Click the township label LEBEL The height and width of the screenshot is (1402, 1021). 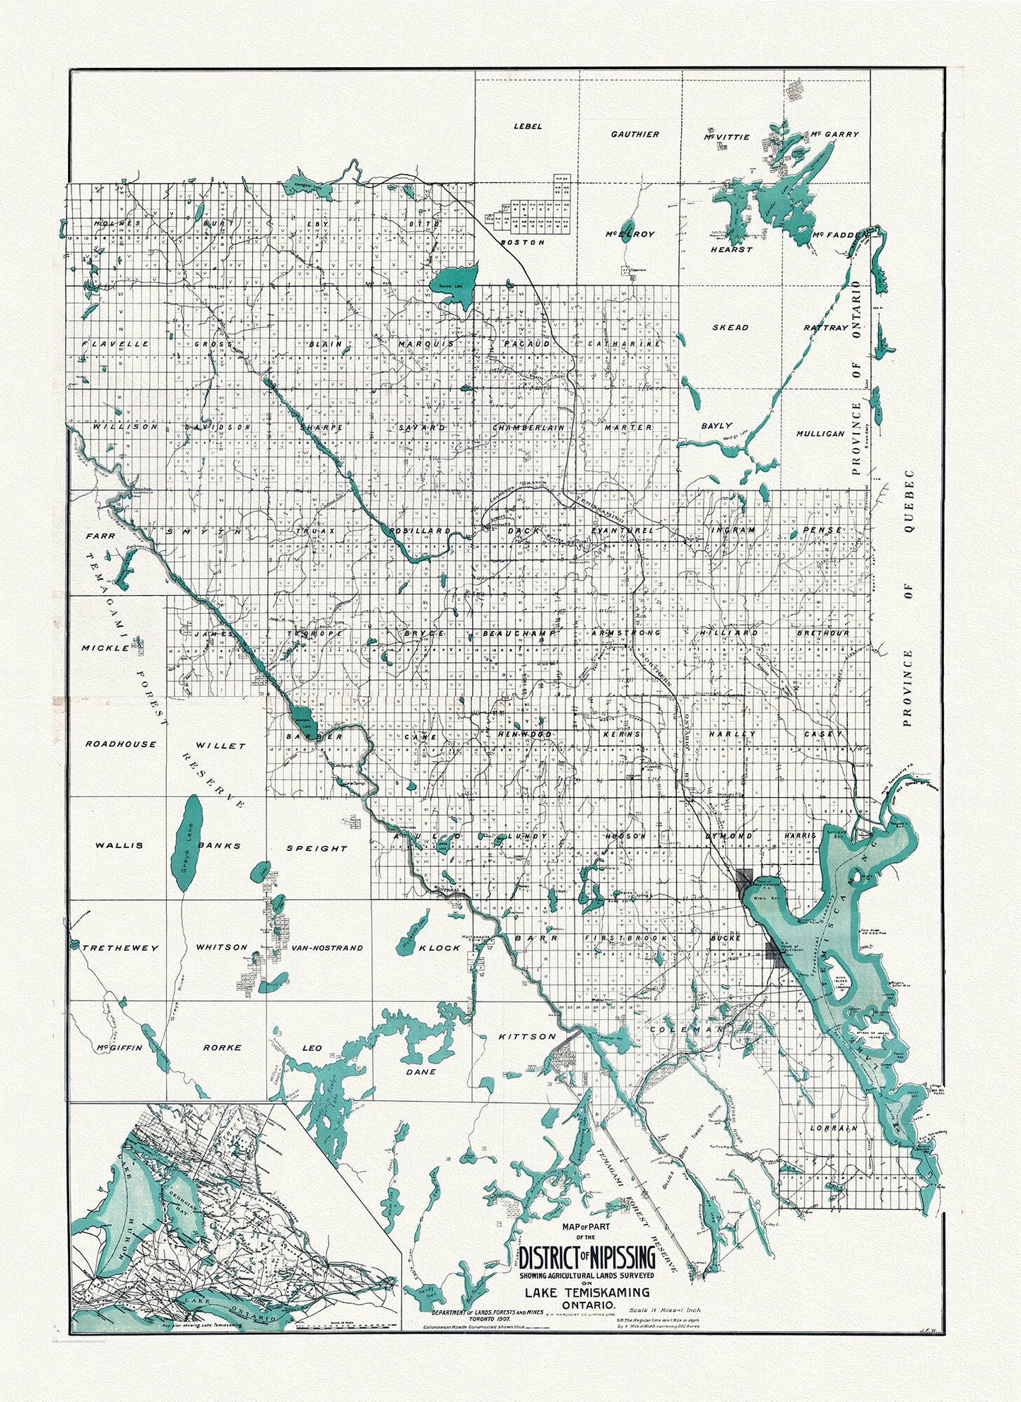coord(528,126)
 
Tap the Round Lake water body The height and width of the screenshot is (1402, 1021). coord(456,283)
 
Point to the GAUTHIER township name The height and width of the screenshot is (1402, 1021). coord(635,134)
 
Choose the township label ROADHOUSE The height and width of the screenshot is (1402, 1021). coord(121,744)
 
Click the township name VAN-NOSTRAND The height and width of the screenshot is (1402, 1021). coord(317,948)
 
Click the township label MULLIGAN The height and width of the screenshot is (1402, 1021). coord(820,433)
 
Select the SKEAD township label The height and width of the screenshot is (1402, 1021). coord(730,328)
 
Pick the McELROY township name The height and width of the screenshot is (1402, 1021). coord(630,234)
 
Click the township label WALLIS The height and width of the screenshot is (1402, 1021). coord(119,845)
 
